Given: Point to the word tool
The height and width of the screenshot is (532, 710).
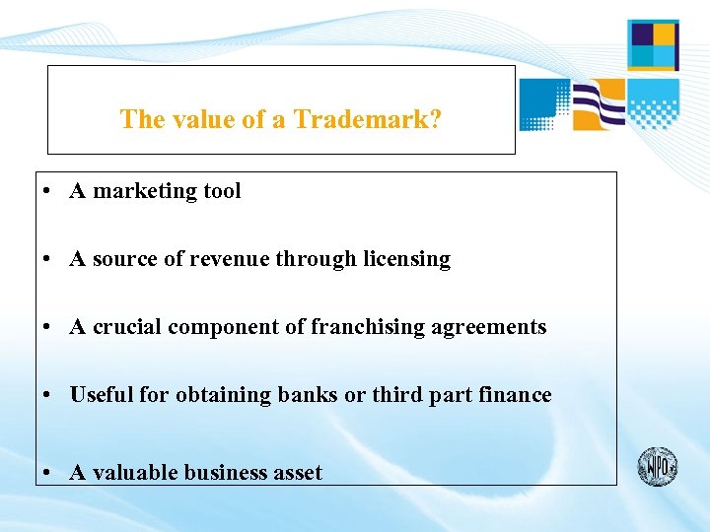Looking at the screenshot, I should pyautogui.click(x=222, y=191).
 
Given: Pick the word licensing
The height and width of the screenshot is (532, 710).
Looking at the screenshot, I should pyautogui.click(x=406, y=259).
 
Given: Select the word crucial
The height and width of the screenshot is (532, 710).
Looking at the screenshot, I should pyautogui.click(x=127, y=327).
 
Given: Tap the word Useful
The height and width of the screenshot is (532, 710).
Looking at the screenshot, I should pyautogui.click(x=102, y=395).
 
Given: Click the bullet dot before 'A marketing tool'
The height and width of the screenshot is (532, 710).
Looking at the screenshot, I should pyautogui.click(x=47, y=192).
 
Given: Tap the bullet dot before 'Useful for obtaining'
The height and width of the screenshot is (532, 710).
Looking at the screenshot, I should pyautogui.click(x=47, y=396).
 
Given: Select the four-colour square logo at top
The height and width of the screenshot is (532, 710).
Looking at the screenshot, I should pyautogui.click(x=653, y=45).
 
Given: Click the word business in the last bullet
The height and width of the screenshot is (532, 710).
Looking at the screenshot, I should pyautogui.click(x=225, y=473).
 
